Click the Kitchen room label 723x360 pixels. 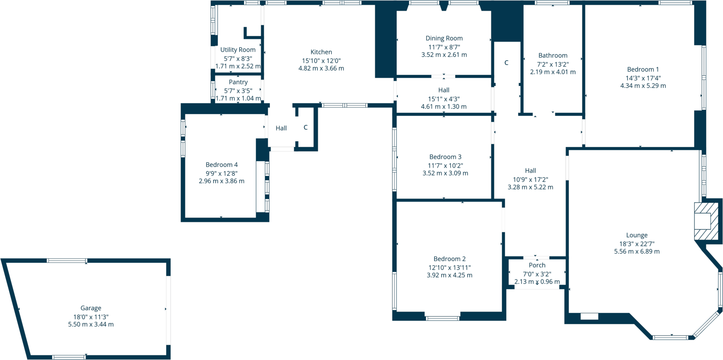pyautogui.click(x=321, y=52)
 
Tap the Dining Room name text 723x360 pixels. pyautogui.click(x=444, y=38)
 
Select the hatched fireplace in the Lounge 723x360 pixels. pyautogui.click(x=706, y=221)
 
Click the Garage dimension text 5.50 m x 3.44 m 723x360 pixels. pyautogui.click(x=91, y=325)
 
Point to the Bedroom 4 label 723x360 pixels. pyautogui.click(x=222, y=165)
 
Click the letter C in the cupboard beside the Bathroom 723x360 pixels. pyautogui.click(x=506, y=63)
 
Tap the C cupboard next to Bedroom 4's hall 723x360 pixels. pyautogui.click(x=305, y=128)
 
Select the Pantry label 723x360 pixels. pyautogui.click(x=238, y=82)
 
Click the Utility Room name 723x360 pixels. pyautogui.click(x=238, y=50)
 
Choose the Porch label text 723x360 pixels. pyautogui.click(x=537, y=265)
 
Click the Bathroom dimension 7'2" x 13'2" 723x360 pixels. pyautogui.click(x=553, y=64)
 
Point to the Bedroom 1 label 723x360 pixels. pyautogui.click(x=642, y=69)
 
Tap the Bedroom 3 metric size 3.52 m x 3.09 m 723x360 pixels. pyautogui.click(x=445, y=173)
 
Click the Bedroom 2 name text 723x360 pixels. pyautogui.click(x=450, y=259)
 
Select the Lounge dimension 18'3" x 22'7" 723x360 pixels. pyautogui.click(x=637, y=244)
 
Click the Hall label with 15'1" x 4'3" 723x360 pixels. pyautogui.click(x=444, y=90)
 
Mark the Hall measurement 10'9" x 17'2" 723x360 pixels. pyautogui.click(x=530, y=180)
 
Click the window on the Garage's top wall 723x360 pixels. pyautogui.click(x=67, y=261)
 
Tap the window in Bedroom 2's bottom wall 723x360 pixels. pyautogui.click(x=442, y=318)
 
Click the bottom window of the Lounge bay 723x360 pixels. pyautogui.click(x=670, y=338)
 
